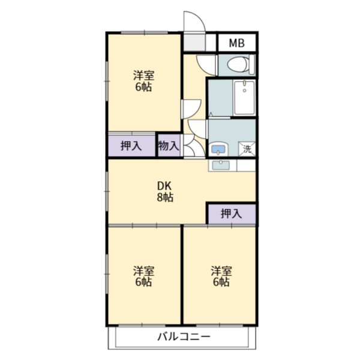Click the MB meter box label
[x=237, y=43]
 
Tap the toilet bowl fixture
[x=238, y=64]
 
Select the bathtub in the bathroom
[x=245, y=98]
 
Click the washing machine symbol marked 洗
[x=247, y=149]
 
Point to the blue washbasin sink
[x=218, y=149]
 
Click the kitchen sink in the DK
[x=221, y=166]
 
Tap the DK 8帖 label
[x=165, y=191]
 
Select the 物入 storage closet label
[x=169, y=146]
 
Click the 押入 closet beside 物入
[x=131, y=146]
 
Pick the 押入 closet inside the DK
[x=232, y=214]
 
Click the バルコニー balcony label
[x=184, y=337]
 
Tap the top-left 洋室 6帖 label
[x=144, y=81]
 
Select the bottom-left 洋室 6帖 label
[x=144, y=277]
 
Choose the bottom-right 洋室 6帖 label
[x=221, y=277]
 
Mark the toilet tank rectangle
[x=252, y=64]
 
